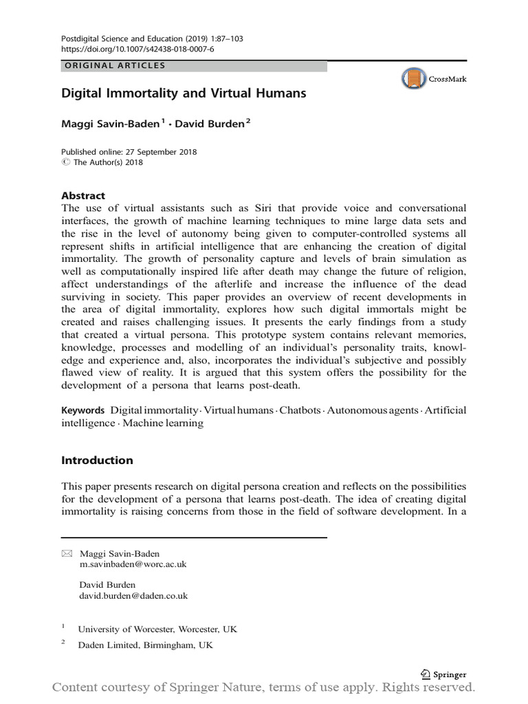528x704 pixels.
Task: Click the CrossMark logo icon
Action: (x=414, y=79)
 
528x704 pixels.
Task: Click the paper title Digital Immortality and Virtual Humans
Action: (x=184, y=93)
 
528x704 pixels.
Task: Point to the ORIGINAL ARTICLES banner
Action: (x=194, y=66)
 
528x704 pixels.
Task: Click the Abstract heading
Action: (x=83, y=195)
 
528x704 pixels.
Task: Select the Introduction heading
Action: (x=97, y=460)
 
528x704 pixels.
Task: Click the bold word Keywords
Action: (x=83, y=410)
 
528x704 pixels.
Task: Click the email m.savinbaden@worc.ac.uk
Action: (x=133, y=564)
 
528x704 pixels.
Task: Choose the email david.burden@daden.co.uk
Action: (x=133, y=596)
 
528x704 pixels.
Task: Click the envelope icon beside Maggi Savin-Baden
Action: (x=67, y=553)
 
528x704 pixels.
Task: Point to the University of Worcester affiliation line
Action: (x=157, y=629)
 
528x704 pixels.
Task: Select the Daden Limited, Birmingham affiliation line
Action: (x=145, y=645)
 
